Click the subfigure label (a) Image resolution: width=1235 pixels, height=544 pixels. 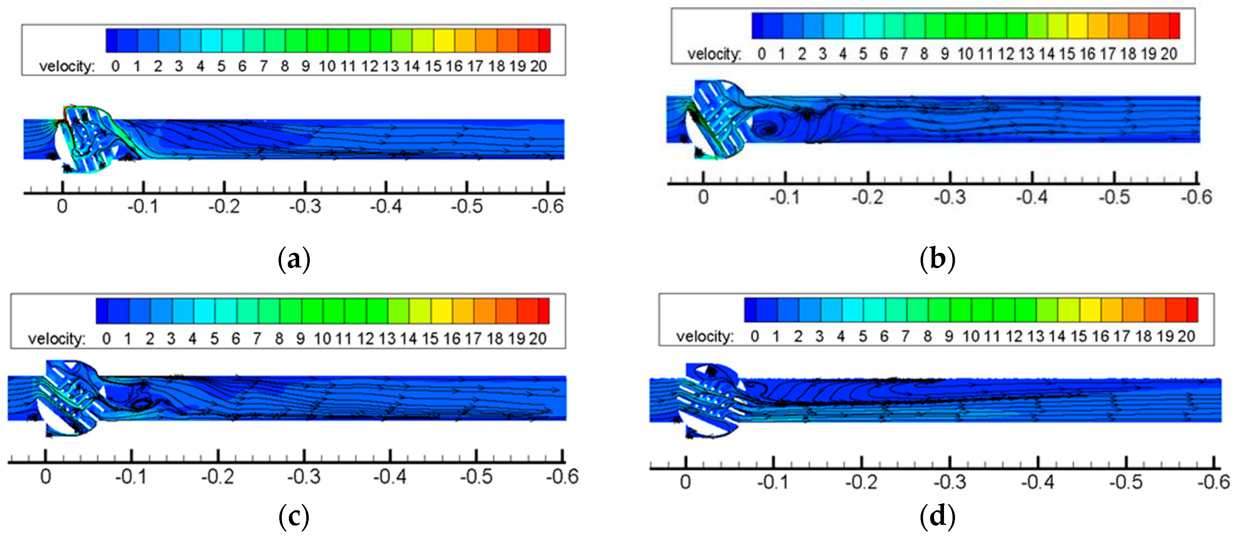[x=293, y=259]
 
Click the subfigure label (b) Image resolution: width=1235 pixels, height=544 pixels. [x=937, y=259]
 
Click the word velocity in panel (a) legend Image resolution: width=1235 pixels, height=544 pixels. [x=67, y=66]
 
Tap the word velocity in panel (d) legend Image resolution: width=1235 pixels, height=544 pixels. [x=704, y=336]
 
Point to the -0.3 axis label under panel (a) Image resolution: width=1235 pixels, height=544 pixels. [x=304, y=207]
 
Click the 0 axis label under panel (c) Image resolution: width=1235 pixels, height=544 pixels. [x=45, y=477]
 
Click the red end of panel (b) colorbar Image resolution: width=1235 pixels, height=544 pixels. [x=1174, y=26]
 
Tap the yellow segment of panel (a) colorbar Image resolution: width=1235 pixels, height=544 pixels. [x=444, y=40]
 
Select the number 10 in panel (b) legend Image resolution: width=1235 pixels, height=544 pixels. [x=965, y=54]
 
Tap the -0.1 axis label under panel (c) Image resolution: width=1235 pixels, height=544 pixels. [x=131, y=477]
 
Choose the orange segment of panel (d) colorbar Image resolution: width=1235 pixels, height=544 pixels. [x=1132, y=309]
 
